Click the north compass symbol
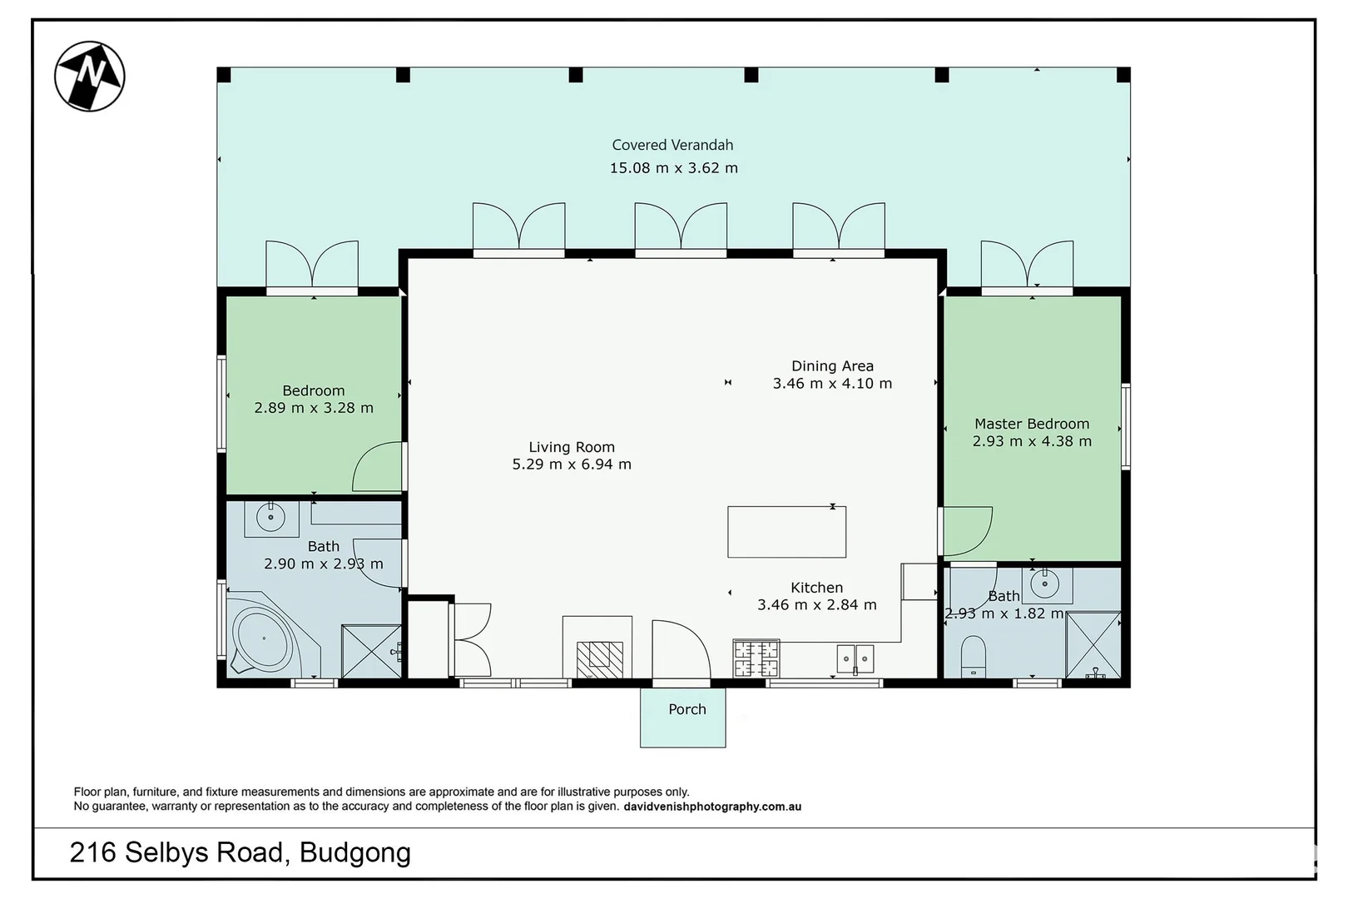click(x=90, y=76)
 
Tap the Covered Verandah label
click(x=672, y=145)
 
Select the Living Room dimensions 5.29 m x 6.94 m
click(x=572, y=464)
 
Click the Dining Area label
click(x=832, y=365)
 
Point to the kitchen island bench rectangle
click(x=786, y=532)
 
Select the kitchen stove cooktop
click(x=756, y=658)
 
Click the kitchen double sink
click(x=855, y=659)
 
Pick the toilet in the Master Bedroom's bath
click(x=973, y=657)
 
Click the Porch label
click(x=686, y=709)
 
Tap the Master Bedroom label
click(x=1032, y=424)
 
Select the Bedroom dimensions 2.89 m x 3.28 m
click(x=314, y=408)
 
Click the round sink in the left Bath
click(x=271, y=518)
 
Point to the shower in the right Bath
click(x=1093, y=646)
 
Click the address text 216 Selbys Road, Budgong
click(x=240, y=852)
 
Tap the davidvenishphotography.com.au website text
click(x=712, y=807)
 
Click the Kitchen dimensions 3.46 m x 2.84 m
click(x=816, y=605)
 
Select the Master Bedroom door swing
click(x=968, y=531)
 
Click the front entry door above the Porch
click(x=681, y=653)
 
